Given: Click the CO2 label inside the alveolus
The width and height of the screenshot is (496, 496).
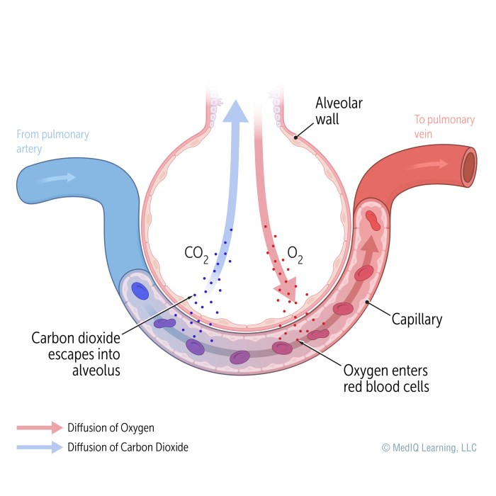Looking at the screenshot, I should [196, 253].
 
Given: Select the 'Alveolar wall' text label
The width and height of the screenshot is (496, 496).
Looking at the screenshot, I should [338, 111].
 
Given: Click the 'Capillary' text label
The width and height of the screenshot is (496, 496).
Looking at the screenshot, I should [417, 320].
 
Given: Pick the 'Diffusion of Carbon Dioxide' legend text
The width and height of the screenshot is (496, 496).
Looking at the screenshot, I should [128, 447].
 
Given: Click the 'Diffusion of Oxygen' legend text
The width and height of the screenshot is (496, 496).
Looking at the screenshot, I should [111, 427].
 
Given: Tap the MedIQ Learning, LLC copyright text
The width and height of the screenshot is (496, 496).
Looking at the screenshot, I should [429, 447].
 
